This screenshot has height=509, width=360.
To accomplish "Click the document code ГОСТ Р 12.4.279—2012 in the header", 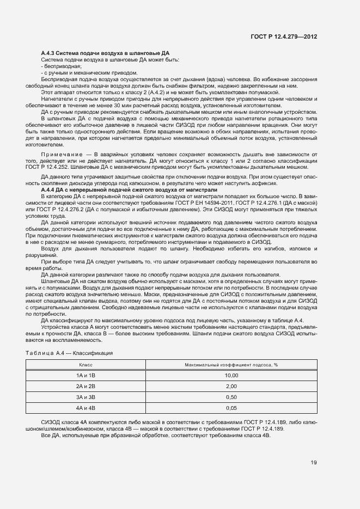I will click(x=283, y=37).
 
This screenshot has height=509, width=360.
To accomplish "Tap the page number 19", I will click(x=314, y=463).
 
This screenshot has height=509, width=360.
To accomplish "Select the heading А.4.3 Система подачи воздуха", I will click(x=90, y=52).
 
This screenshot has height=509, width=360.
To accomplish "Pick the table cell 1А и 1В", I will click(x=87, y=375).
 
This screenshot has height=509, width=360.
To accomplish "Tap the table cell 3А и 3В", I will click(x=87, y=397).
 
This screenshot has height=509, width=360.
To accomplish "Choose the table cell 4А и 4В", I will click(x=87, y=408).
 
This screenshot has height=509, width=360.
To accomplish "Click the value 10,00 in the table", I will click(x=231, y=375).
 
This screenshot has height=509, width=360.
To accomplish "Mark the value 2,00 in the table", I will click(x=231, y=386).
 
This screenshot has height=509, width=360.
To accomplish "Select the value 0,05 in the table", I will click(x=231, y=408).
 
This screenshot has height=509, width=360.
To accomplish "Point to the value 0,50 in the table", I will click(x=231, y=397).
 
